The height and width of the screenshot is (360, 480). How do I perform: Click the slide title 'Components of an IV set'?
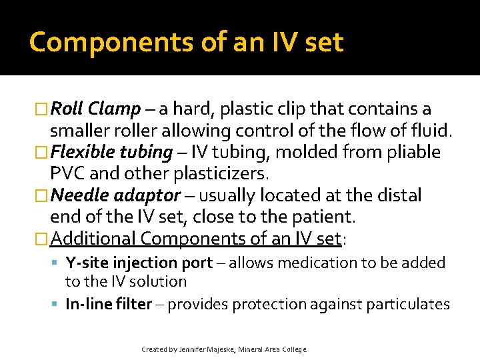click(186, 43)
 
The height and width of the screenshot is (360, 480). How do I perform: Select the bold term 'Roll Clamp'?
click(95, 109)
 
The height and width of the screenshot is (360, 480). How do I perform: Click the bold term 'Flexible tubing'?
click(111, 152)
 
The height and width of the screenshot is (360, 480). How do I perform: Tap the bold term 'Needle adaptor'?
click(115, 195)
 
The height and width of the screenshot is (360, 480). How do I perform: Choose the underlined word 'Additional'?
click(93, 238)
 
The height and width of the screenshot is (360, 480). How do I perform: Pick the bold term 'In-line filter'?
click(109, 304)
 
